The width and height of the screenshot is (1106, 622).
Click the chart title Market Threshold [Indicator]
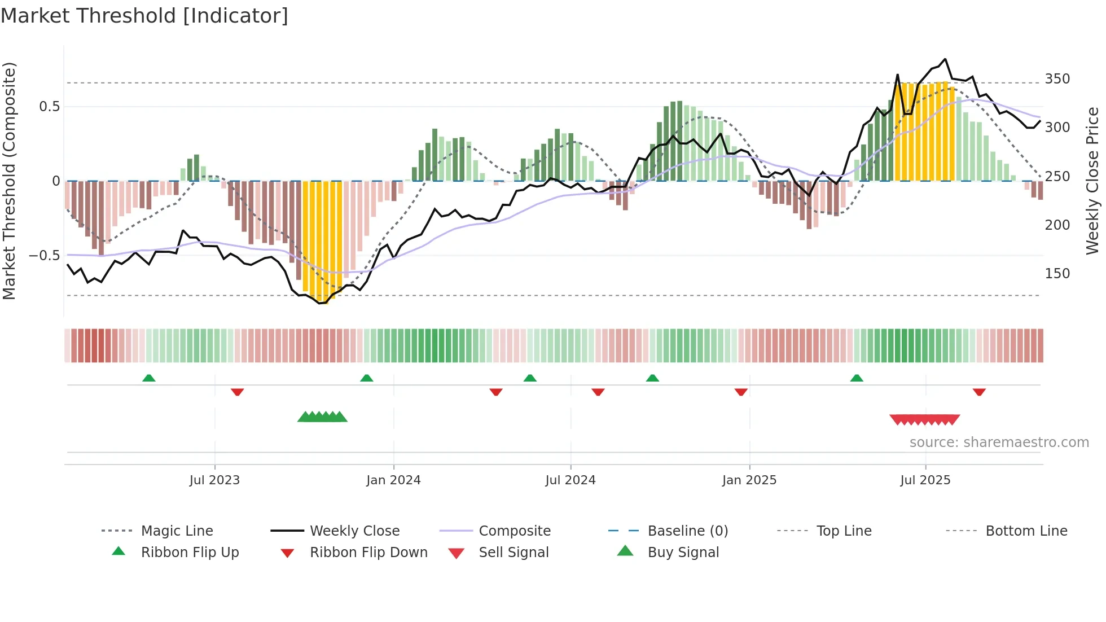click(x=144, y=16)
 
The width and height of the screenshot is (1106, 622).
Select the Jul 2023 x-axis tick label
click(x=214, y=480)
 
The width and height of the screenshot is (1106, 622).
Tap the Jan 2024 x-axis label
click(x=393, y=480)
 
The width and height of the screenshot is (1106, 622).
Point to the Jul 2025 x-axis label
click(x=925, y=480)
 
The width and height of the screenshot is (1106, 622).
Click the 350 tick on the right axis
click(x=1057, y=79)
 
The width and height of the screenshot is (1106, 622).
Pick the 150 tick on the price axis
click(x=1057, y=274)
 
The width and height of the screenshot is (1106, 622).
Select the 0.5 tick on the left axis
click(x=49, y=107)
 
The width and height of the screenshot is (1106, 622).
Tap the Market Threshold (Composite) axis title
click(x=9, y=181)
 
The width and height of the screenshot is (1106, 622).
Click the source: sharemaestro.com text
click(x=999, y=443)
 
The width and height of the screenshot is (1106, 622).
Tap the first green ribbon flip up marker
click(x=149, y=378)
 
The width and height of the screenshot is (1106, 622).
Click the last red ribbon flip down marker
click(x=979, y=392)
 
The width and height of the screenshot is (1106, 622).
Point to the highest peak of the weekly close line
click(x=945, y=59)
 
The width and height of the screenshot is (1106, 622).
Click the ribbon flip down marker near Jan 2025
click(x=741, y=392)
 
